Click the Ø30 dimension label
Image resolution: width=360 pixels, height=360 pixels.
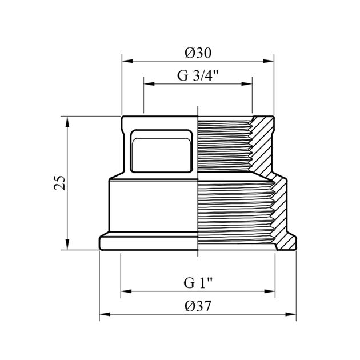(198, 53)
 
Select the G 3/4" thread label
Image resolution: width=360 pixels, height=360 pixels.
(198, 75)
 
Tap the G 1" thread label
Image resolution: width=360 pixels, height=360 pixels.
(198, 283)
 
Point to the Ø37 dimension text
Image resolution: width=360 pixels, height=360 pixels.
(198, 306)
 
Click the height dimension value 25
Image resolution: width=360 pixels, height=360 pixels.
(59, 183)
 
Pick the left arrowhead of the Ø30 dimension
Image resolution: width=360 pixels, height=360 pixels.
(127, 61)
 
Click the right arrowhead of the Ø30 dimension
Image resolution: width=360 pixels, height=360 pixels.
(269, 61)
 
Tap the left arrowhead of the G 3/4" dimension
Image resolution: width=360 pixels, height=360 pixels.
(149, 84)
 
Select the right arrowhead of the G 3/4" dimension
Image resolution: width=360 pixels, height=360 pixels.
(247, 84)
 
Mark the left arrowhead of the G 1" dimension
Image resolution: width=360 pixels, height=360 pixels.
(126, 291)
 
